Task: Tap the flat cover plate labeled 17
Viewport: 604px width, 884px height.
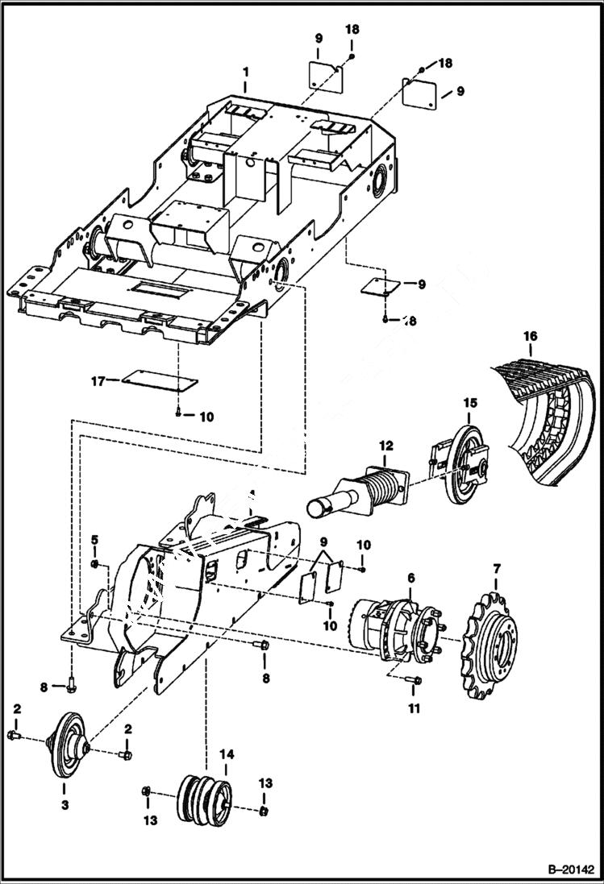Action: [158, 381]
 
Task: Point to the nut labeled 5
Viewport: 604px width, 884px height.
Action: [94, 563]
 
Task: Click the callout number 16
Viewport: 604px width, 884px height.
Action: [529, 336]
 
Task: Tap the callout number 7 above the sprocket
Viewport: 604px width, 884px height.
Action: [495, 571]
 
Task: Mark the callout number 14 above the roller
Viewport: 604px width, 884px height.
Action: [227, 754]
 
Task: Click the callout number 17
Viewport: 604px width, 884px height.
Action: [98, 381]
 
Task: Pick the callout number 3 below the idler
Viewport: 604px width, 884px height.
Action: [65, 804]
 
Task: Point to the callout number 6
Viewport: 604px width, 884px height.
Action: [410, 579]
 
